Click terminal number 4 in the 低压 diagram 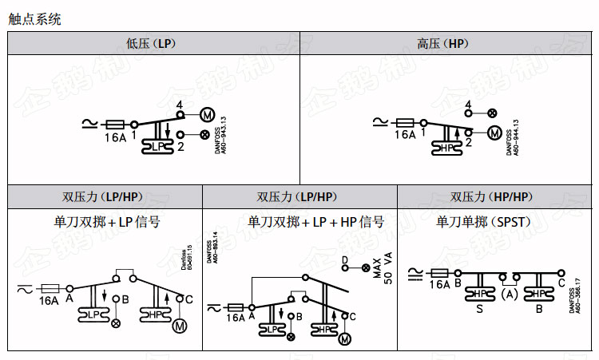(x=179, y=105)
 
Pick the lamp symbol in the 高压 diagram (x=491, y=113)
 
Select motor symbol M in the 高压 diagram (x=494, y=133)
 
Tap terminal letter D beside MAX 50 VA (x=345, y=259)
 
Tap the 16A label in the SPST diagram (x=438, y=284)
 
